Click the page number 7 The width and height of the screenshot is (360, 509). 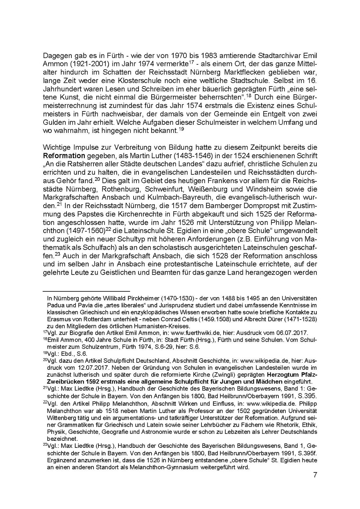pyautogui.click(x=315, y=475)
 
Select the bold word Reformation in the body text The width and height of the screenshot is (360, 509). pyautogui.click(x=64, y=156)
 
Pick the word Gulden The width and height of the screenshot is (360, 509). pyautogui.click(x=54, y=122)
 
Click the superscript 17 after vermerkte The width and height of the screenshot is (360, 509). pyautogui.click(x=192, y=63)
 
